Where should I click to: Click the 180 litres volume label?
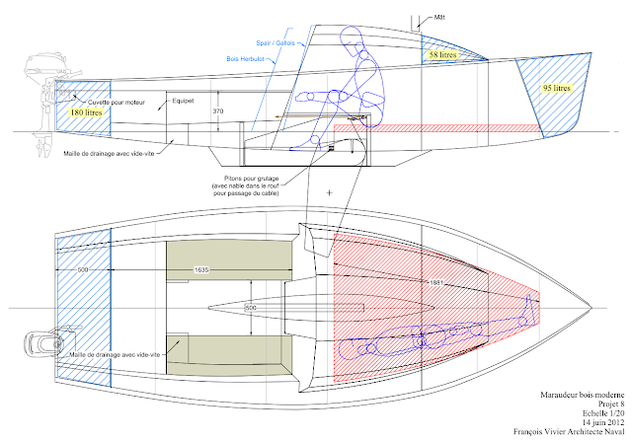pos(86,112)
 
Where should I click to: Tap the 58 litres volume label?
pos(442,54)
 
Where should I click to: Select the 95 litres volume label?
pos(556,88)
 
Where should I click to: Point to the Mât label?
pos(439,18)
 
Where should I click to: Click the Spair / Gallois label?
pos(276,42)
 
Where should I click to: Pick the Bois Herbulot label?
pos(245,59)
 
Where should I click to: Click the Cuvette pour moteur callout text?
pos(117,103)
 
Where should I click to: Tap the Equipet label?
pos(183,101)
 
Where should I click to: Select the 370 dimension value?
pos(217,110)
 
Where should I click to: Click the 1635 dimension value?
pos(201,269)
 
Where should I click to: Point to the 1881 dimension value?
pos(436,282)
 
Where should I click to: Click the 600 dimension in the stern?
pos(83,269)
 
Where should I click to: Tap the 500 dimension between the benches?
pos(250,308)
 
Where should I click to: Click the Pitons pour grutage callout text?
pos(245,185)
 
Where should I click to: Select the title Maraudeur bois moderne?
pos(582,395)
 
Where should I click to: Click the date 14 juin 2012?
pos(602,422)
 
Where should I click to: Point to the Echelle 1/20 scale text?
pos(603,413)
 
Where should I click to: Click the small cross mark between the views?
pos(329,192)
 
